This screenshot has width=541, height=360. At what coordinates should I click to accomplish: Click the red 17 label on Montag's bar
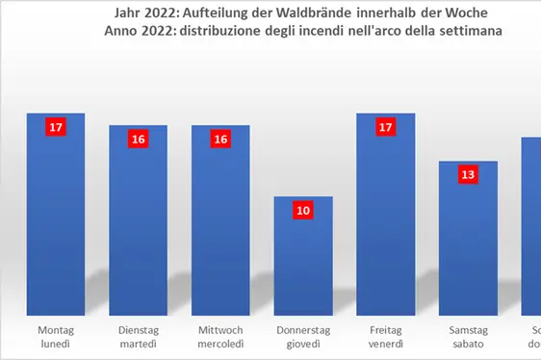[56, 126]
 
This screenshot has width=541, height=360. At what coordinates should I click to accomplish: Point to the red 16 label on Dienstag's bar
[138, 139]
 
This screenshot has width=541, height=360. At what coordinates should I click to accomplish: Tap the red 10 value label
[303, 210]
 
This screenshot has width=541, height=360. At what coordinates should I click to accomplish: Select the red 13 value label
[469, 174]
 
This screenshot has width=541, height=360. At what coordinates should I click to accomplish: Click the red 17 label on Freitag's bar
[386, 126]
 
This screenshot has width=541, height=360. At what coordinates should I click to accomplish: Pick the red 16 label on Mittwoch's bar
[220, 139]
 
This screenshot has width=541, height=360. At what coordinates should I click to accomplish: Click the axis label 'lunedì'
[55, 345]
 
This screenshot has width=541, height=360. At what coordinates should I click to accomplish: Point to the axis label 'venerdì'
[386, 345]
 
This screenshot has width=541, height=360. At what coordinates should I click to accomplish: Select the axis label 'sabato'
[469, 345]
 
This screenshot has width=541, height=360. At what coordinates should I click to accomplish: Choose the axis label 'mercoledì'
[220, 345]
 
